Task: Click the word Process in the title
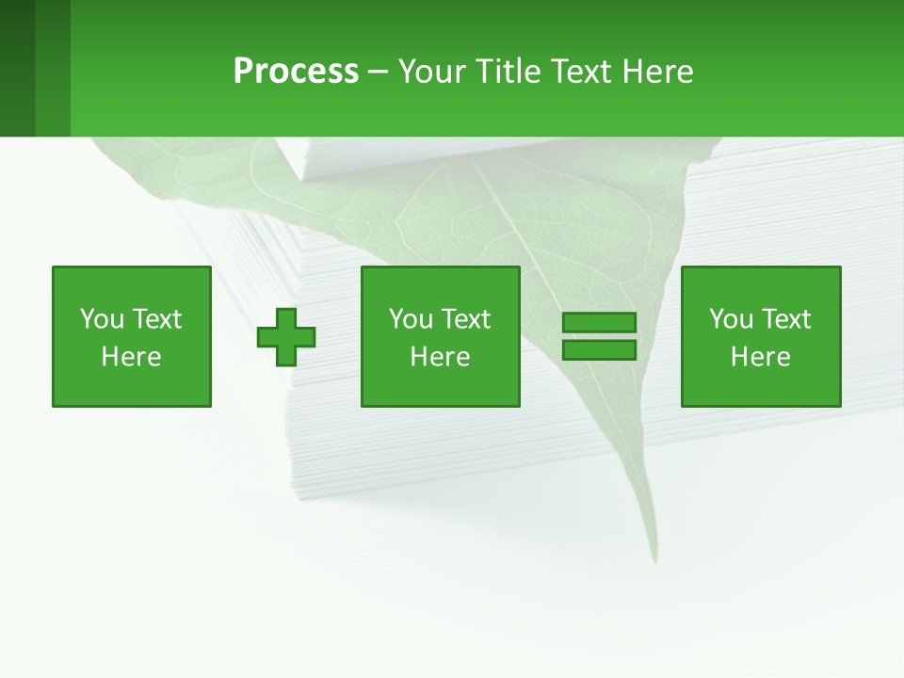[x=296, y=72]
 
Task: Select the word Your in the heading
[x=432, y=72]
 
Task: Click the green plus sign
[x=286, y=336]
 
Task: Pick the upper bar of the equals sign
[x=599, y=323]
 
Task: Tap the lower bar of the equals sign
[x=599, y=349]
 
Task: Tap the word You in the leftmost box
[x=102, y=319]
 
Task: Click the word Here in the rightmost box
[x=760, y=357]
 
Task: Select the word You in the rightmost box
[x=731, y=319]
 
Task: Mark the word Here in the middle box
[x=440, y=357]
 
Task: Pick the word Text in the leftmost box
[x=156, y=319]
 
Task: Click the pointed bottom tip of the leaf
[x=653, y=559]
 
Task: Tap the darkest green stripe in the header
[x=17, y=68]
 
